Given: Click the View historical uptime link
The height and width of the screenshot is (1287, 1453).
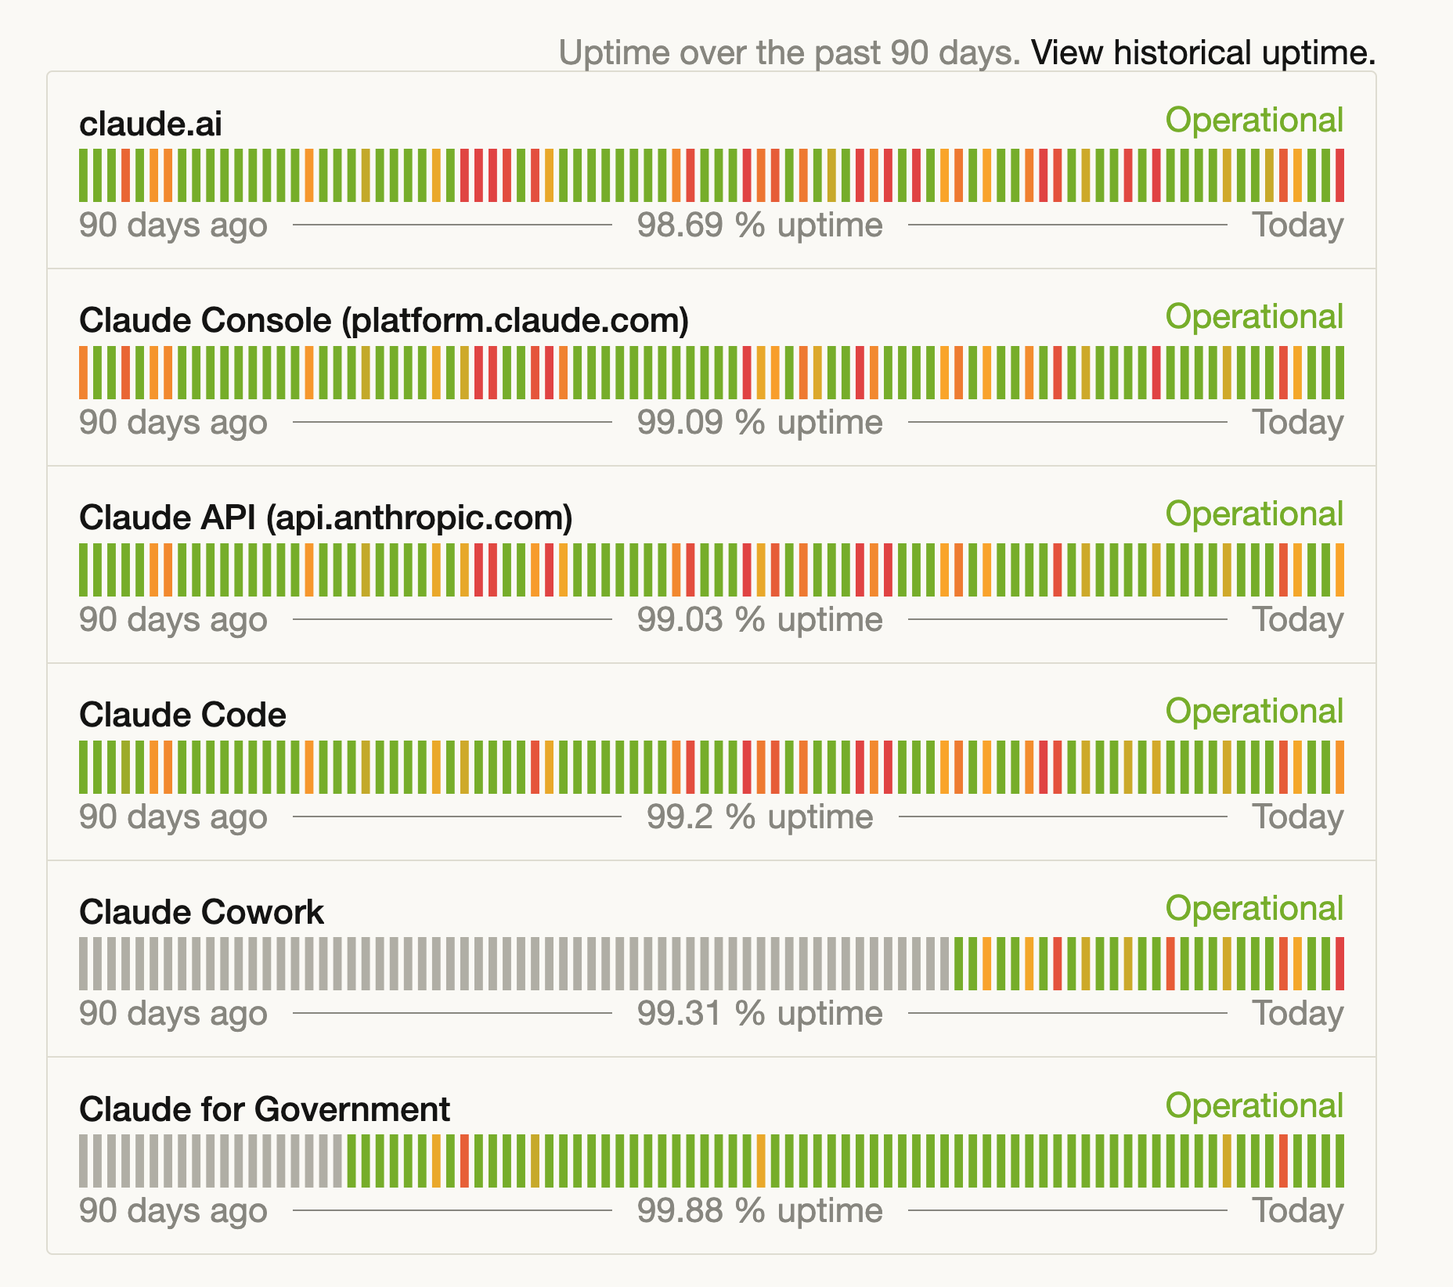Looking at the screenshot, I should coord(1202,53).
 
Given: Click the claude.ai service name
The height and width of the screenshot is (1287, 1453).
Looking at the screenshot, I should coord(151,124).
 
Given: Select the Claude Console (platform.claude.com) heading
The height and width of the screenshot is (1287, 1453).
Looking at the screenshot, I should coord(384,320).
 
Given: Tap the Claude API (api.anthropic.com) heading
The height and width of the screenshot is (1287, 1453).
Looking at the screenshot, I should coord(326,517).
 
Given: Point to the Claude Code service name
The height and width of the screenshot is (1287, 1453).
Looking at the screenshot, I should coord(182,715).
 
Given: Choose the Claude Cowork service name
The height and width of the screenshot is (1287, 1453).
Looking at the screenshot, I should coord(201,912).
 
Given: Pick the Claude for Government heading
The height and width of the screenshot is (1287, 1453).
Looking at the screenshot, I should coord(265,1109).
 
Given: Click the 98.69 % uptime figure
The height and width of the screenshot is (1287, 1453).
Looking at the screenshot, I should coord(759,225).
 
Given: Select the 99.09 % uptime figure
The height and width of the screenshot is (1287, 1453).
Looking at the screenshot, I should coord(759,423).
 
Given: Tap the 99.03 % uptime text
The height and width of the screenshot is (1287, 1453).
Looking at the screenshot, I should coord(759,620).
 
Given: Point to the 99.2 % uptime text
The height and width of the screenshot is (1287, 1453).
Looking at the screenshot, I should coord(759,817).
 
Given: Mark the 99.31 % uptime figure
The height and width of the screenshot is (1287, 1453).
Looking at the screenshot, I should coord(759,1014).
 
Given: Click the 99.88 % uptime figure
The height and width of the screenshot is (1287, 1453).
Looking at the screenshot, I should coord(759,1211).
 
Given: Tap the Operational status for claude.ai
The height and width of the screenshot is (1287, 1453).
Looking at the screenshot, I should coord(1254,121).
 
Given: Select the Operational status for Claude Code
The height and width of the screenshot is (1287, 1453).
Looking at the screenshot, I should coord(1254,712).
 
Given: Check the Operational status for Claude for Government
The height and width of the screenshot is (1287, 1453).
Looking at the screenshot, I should coord(1254,1106).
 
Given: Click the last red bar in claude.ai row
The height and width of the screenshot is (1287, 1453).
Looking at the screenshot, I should coord(1339,175).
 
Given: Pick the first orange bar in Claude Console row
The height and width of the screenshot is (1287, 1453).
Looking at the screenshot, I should coord(84,373).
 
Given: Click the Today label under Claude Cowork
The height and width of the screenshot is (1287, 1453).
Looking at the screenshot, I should coord(1298,1014).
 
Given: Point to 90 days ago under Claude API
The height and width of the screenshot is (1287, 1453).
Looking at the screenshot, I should coord(173,620).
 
